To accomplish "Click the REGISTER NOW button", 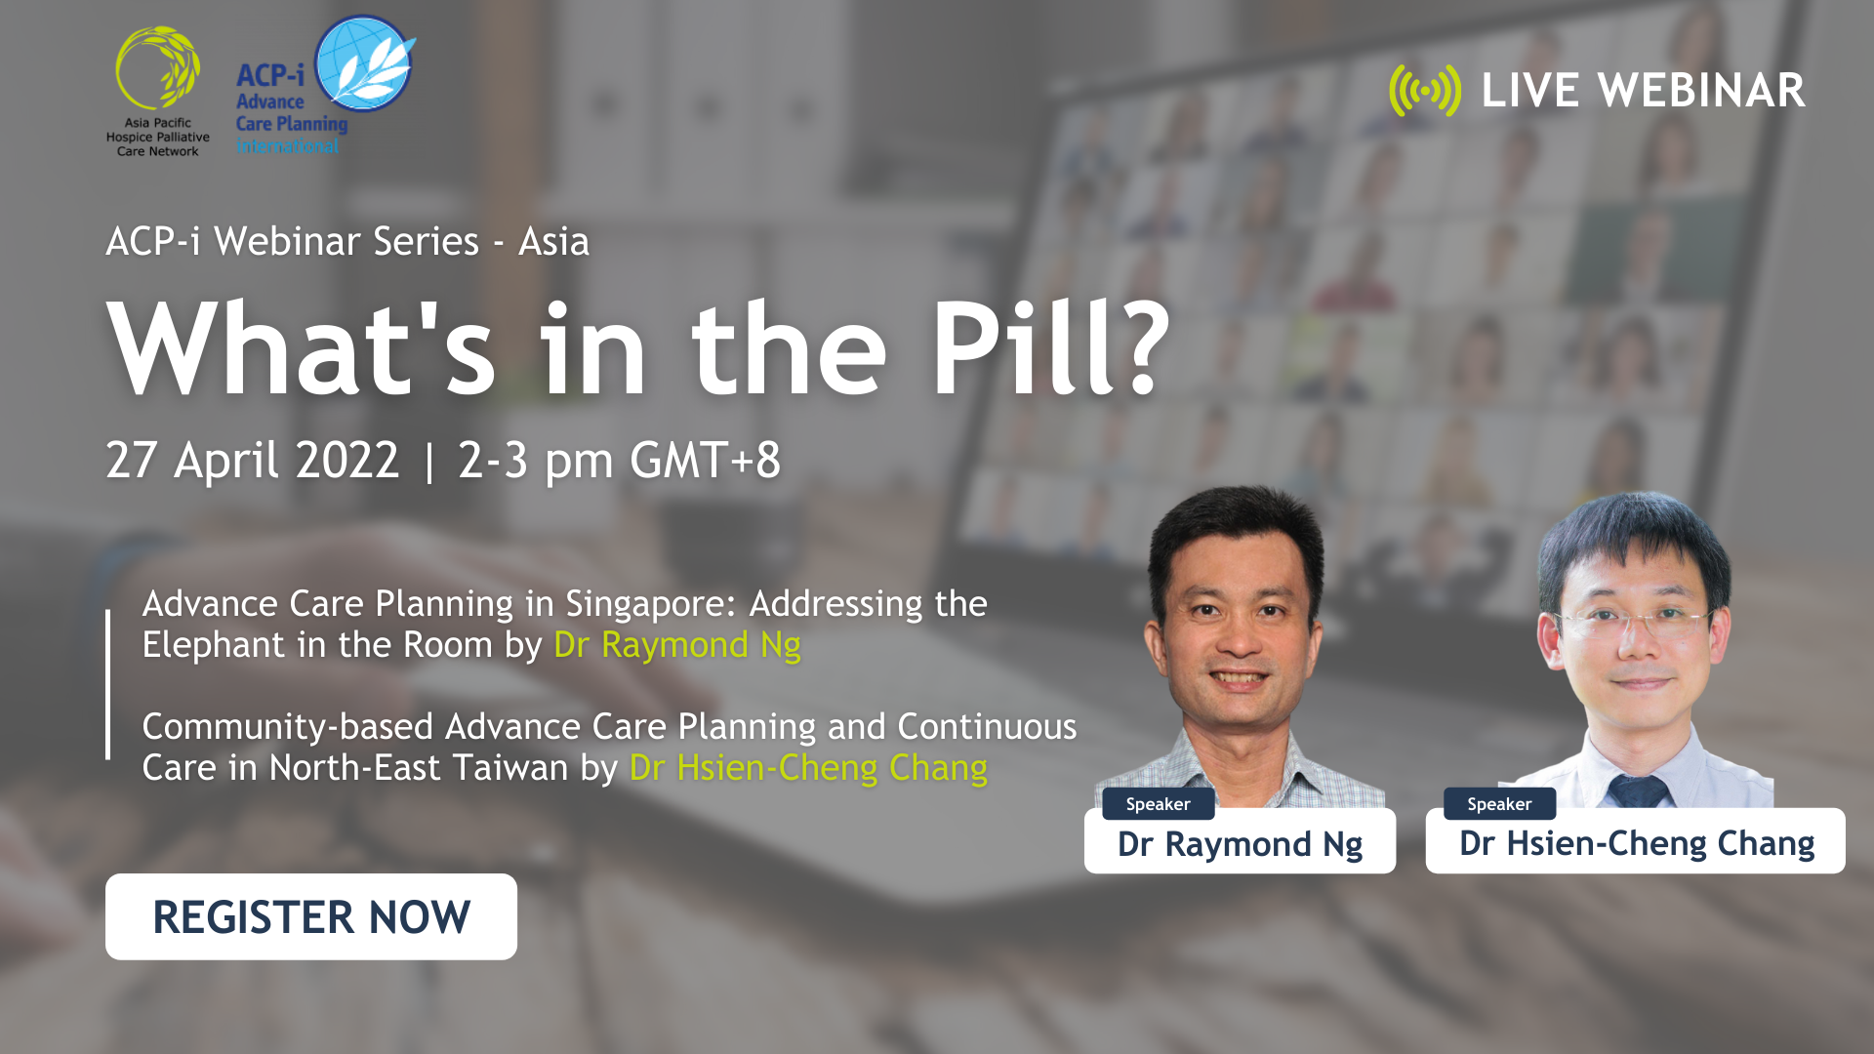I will point(311,916).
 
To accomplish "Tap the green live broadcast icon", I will point(1425,91).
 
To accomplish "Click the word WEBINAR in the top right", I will point(1701,91).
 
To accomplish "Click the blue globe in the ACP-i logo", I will point(363,62).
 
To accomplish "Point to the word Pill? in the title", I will point(1050,348).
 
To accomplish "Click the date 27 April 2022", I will point(253,460).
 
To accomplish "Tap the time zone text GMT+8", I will point(705,460).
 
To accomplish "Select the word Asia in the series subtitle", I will point(553,241).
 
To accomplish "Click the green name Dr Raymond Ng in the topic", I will point(677,645).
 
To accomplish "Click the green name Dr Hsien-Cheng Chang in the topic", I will point(808,768).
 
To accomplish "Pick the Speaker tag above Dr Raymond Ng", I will point(1158,804).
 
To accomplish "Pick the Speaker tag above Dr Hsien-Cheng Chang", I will point(1499,804).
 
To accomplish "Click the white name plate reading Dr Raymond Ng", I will point(1240,843).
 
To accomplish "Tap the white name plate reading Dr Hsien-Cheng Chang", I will point(1636,843).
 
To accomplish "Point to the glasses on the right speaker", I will point(1635,623).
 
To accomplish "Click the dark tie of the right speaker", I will point(1638,790).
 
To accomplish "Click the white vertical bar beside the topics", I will point(107,684).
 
